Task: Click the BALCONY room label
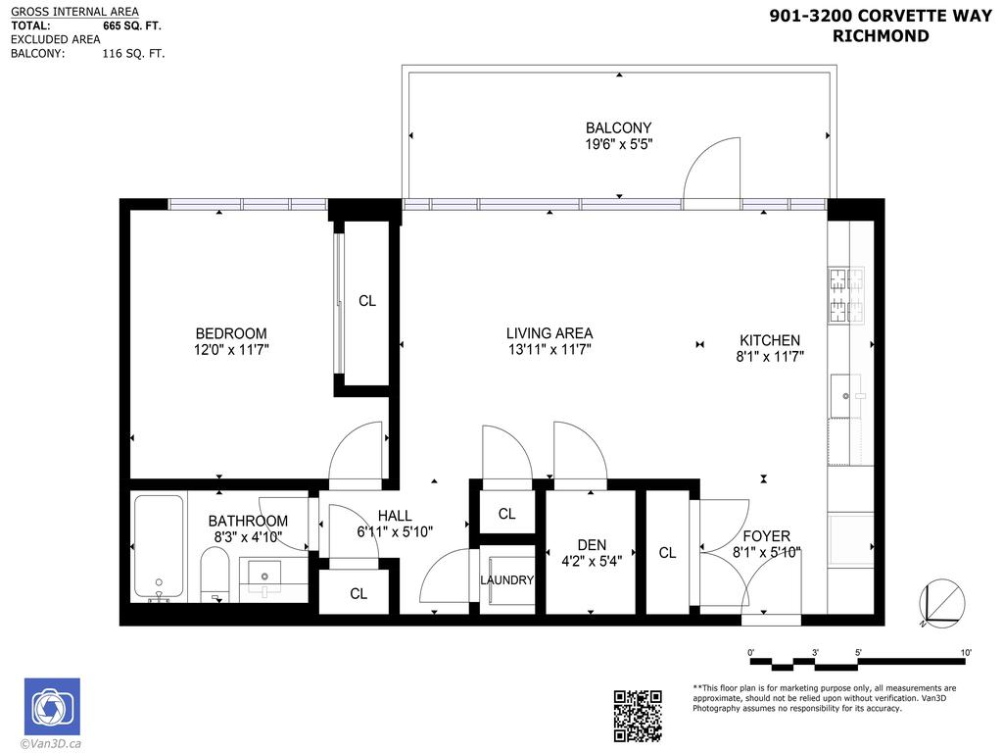pyautogui.click(x=618, y=127)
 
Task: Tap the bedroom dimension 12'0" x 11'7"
pyautogui.click(x=231, y=349)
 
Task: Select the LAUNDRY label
pyautogui.click(x=506, y=580)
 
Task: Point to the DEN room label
pyautogui.click(x=592, y=545)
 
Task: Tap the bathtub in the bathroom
pyautogui.click(x=158, y=547)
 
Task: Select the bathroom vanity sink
pyautogui.click(x=263, y=574)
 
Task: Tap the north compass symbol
pyautogui.click(x=941, y=604)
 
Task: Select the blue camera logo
pyautogui.click(x=52, y=706)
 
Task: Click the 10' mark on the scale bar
pyautogui.click(x=965, y=652)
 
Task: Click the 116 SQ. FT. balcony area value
pyautogui.click(x=133, y=54)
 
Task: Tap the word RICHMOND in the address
pyautogui.click(x=881, y=36)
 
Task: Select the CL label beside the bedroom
pyautogui.click(x=366, y=301)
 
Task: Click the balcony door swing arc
pyautogui.click(x=712, y=168)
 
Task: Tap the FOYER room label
pyautogui.click(x=766, y=536)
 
